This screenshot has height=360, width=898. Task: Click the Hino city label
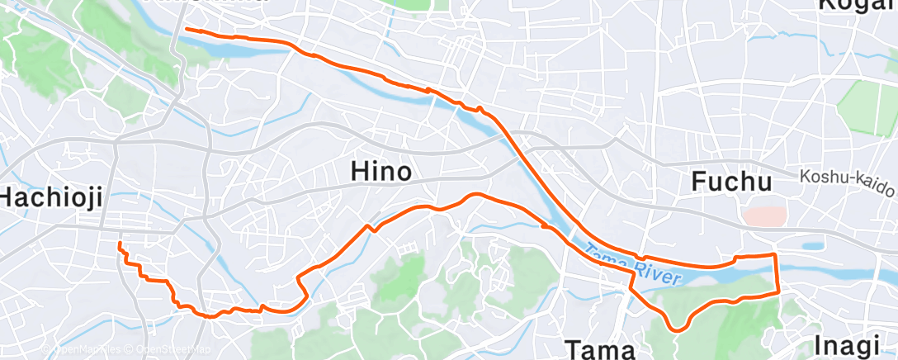(x=381, y=172)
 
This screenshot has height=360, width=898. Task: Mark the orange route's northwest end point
(x=186, y=29)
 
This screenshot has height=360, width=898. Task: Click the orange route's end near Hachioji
(x=120, y=244)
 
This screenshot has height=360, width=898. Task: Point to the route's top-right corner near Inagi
(x=774, y=256)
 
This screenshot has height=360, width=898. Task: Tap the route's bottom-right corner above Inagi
(x=778, y=291)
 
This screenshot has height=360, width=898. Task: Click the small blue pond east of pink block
(x=812, y=245)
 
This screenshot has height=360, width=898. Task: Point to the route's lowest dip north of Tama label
(x=677, y=329)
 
